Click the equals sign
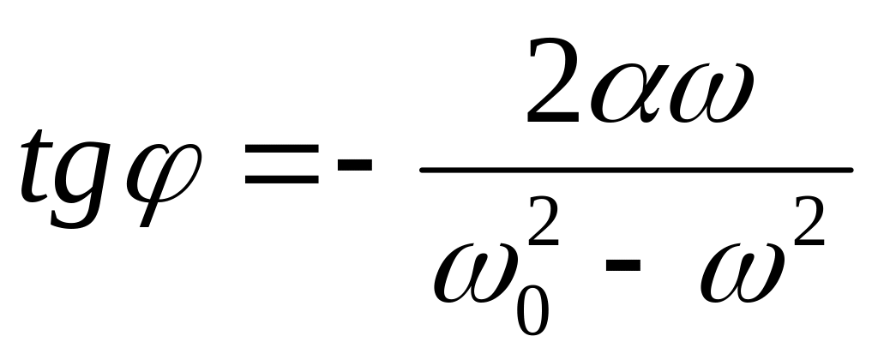click(280, 169)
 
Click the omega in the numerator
click(711, 93)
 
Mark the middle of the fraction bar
click(635, 169)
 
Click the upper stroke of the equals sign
click(280, 155)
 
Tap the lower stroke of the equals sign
click(280, 182)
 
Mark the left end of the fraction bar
click(424, 169)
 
